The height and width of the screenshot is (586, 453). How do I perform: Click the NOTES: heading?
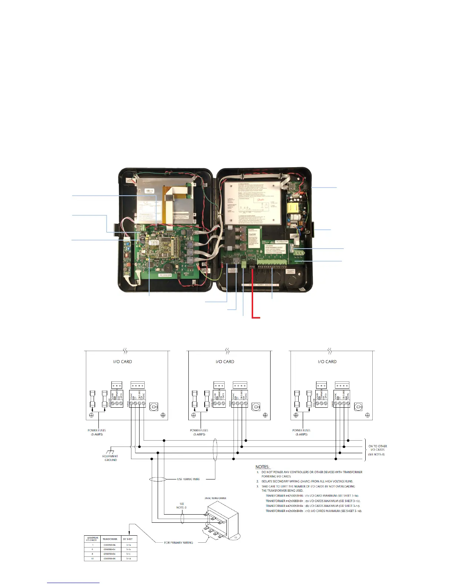click(x=262, y=467)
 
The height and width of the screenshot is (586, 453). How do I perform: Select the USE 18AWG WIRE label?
click(x=188, y=479)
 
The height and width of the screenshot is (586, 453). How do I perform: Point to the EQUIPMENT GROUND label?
click(x=110, y=458)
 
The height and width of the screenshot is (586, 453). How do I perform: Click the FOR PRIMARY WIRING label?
click(x=178, y=543)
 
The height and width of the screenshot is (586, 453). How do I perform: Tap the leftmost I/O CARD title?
click(x=123, y=362)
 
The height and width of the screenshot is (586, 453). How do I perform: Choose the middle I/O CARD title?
click(x=225, y=362)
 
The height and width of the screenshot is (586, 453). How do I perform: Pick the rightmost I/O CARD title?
click(x=327, y=362)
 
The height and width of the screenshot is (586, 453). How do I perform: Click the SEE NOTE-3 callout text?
click(x=181, y=506)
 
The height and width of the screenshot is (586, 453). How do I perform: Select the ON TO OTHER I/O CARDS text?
click(x=377, y=448)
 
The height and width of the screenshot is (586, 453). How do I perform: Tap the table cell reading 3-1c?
click(x=128, y=554)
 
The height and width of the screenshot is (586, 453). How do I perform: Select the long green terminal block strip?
click(x=272, y=263)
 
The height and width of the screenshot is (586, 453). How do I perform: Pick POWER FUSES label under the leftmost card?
click(x=97, y=431)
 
